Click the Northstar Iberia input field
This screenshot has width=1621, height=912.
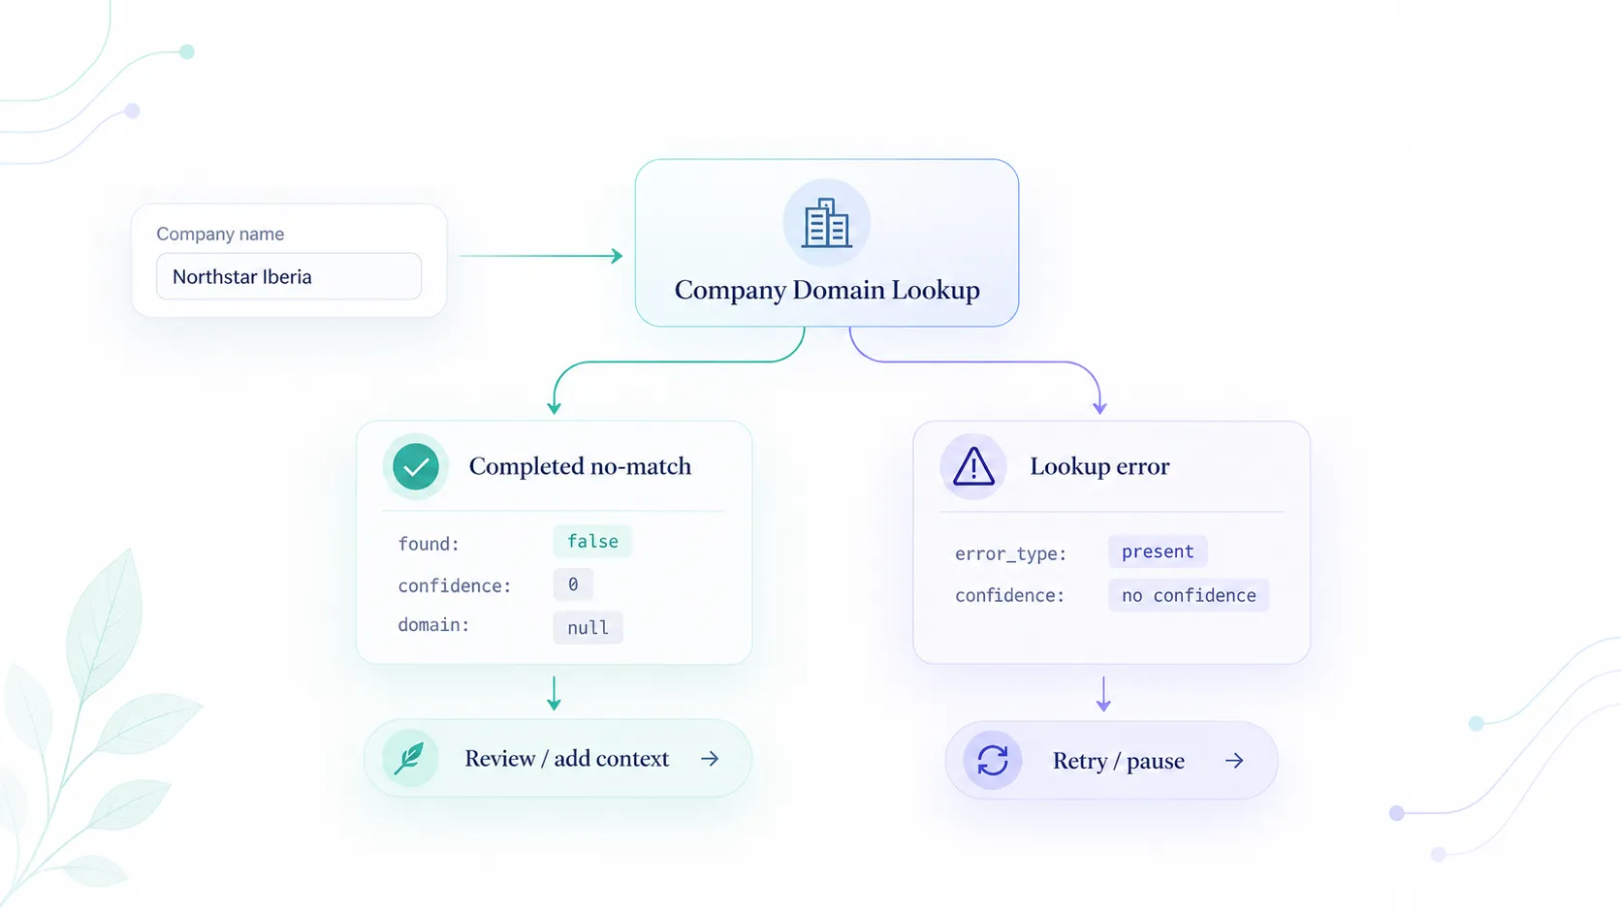point(289,276)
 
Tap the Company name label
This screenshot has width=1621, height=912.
point(220,234)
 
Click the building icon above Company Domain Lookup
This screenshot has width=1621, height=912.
point(826,223)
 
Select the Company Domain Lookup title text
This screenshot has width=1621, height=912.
point(827,290)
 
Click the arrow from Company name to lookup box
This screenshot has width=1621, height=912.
point(541,255)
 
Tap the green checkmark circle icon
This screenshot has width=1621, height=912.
point(415,466)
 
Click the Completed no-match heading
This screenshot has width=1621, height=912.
point(580,466)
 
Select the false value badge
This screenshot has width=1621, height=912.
point(592,541)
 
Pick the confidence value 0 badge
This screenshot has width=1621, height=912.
point(573,584)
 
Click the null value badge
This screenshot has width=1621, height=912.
point(588,627)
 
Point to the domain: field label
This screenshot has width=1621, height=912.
point(433,625)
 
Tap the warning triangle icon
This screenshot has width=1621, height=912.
point(973,466)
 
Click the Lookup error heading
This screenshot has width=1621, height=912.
point(1099,466)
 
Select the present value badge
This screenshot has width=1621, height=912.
point(1158,551)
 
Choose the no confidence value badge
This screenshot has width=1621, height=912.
point(1189,595)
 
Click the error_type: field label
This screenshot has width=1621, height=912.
point(1010,554)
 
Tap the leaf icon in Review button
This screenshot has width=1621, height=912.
point(409,758)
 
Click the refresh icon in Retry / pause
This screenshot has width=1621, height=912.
point(992,760)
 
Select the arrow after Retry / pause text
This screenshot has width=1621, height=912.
point(1234,760)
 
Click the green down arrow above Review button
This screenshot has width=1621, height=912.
point(554,694)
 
